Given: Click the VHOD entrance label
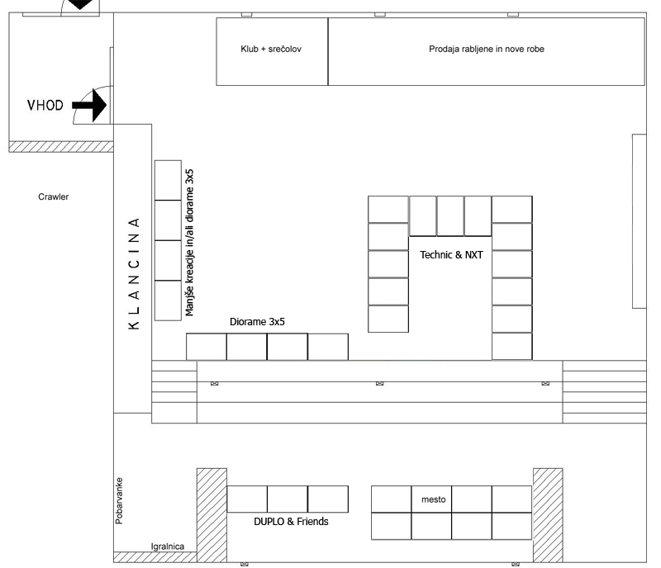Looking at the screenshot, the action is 45,105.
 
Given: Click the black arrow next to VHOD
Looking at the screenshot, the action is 89,105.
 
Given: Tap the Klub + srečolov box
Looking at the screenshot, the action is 272,51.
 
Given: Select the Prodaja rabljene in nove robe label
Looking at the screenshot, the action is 487,49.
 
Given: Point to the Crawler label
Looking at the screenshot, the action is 54,196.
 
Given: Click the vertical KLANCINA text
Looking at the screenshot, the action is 134,273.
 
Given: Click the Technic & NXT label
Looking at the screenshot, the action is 451,254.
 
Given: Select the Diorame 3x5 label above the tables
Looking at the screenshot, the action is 257,321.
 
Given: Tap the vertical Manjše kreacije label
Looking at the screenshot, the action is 189,242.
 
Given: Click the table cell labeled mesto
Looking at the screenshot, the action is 431,499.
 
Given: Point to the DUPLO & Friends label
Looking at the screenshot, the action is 291,521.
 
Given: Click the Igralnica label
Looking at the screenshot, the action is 168,547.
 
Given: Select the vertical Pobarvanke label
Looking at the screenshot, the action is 119,500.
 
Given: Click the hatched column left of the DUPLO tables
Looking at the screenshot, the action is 212,515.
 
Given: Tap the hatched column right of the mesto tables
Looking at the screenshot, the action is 548,515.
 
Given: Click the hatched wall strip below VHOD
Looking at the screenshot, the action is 61,147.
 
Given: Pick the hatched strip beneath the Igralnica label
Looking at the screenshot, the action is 155,557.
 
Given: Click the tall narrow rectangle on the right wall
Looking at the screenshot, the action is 639,221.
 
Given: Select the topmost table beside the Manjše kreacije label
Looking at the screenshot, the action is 168,180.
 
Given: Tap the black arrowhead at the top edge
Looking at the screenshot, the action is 80,4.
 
